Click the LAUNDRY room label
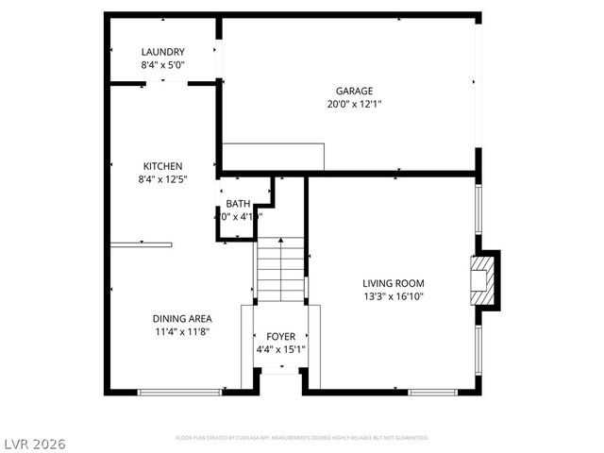pos(162,52)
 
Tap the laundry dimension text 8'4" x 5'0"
pos(162,65)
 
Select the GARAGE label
pos(355,92)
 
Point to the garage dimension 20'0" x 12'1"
pos(355,104)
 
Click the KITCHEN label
pos(162,166)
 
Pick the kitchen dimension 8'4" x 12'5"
pos(162,178)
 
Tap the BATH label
pos(238,205)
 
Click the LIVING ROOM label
pos(394,283)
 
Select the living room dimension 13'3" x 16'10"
pos(394,296)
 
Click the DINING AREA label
pos(182,318)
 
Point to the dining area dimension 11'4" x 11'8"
pos(182,331)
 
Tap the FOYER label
pos(280,337)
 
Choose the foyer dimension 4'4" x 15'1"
pos(280,350)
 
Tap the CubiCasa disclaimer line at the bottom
pos(302,438)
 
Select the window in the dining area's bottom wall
pos(179,392)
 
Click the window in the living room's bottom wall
pos(432,392)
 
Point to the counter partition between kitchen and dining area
pos(142,245)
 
